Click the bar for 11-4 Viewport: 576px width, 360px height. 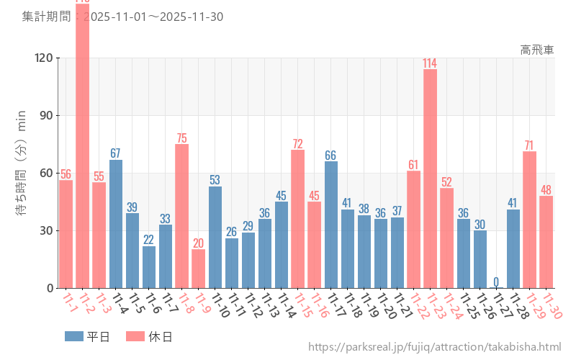pos(116,224)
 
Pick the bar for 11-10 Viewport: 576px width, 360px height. pos(215,237)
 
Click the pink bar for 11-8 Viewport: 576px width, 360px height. pos(182,216)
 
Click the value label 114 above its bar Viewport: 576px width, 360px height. pos(430,63)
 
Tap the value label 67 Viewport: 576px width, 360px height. pos(116,153)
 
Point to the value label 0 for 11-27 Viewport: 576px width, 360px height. pos(496,282)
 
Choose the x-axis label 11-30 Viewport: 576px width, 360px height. pos(552,306)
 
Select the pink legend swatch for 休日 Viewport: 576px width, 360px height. pos(135,336)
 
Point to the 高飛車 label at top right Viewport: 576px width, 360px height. pos(537,50)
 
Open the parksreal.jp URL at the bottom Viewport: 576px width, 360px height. pos(434,347)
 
